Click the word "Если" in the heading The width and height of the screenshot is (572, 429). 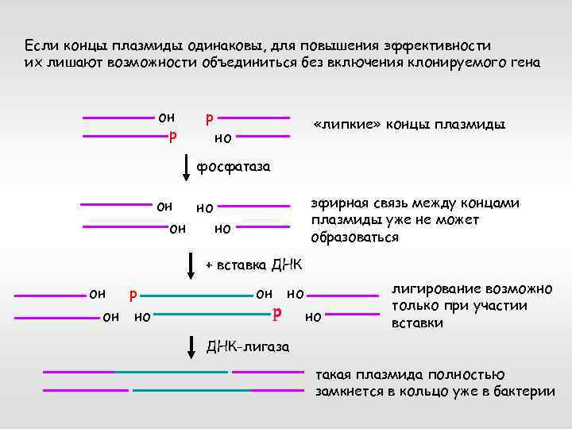coord(38,45)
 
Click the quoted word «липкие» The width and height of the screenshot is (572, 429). coord(347,126)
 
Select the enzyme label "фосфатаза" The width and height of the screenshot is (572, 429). coord(234,168)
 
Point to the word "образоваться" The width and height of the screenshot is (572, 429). coord(354,238)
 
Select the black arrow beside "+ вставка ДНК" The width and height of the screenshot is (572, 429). coord(191,265)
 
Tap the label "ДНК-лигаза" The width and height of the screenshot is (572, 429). coord(248,347)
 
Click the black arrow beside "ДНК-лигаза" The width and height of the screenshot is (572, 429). coord(191,347)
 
